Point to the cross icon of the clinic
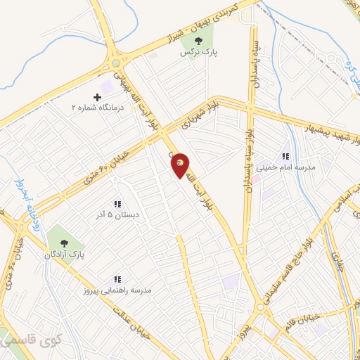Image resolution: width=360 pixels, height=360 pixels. (x=98, y=96)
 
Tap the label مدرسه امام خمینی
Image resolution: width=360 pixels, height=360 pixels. (x=287, y=168)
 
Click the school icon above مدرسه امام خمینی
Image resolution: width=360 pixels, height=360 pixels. (x=286, y=156)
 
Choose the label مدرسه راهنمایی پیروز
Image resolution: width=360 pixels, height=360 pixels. (x=119, y=290)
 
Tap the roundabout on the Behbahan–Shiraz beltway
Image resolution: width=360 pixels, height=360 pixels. (x=115, y=63)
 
